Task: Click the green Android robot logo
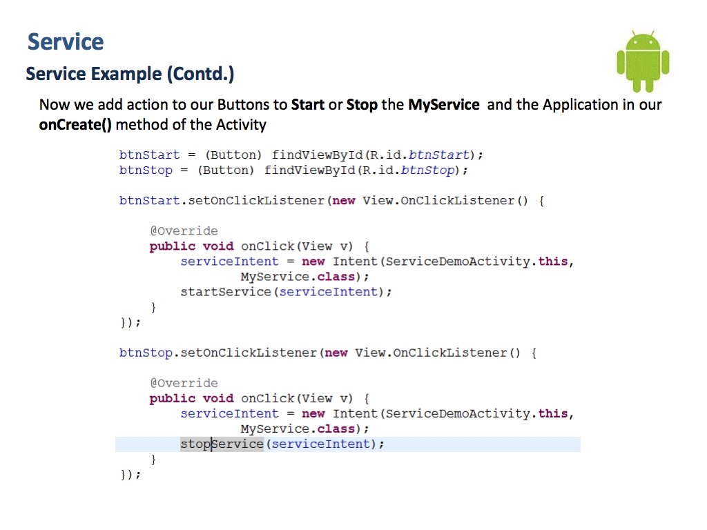643,61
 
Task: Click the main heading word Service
66,41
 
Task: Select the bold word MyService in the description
443,105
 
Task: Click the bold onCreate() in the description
75,125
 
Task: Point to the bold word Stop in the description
362,105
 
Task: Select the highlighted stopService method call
222,444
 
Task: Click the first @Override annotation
184,230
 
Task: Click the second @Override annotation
184,383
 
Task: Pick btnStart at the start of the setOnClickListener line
149,200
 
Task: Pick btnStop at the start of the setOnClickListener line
145,353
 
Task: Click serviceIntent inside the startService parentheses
325,291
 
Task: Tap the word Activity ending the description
241,125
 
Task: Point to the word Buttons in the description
244,105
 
